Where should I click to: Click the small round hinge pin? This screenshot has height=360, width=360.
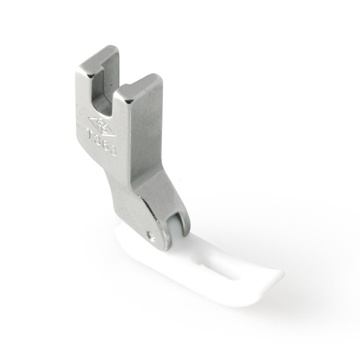pyautogui.click(x=151, y=235)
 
